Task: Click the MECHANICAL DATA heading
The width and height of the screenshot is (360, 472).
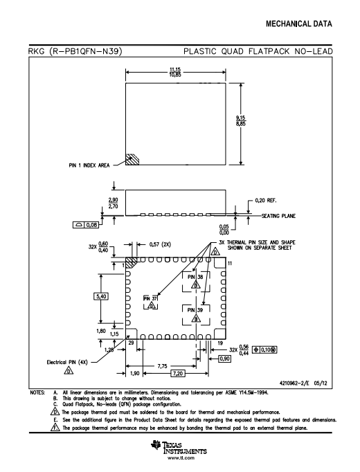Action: (299, 24)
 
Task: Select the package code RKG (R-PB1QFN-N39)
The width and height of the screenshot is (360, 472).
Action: (75, 51)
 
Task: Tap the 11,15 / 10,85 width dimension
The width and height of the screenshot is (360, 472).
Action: (175, 72)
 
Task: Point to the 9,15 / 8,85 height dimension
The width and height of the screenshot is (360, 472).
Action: (241, 120)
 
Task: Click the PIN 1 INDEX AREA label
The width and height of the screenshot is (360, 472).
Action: (89, 165)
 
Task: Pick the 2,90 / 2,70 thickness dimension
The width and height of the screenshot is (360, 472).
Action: (113, 203)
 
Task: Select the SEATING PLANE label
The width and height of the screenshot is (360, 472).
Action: (278, 216)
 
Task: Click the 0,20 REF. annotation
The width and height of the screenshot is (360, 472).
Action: (265, 201)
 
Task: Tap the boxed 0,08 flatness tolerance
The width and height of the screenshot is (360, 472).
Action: (86, 224)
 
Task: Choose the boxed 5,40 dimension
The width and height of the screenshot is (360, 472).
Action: (101, 296)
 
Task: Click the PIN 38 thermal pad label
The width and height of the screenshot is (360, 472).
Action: (195, 277)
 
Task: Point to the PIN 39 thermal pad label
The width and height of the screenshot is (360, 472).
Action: (195, 310)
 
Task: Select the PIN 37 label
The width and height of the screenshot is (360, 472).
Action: (150, 298)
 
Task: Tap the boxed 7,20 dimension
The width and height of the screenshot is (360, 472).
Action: (178, 374)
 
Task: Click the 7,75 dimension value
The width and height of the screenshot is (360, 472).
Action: (162, 366)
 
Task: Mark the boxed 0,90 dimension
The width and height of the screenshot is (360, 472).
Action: (224, 358)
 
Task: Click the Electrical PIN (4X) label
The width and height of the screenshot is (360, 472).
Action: (67, 362)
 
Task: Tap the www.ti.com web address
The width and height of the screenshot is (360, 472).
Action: (181, 458)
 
